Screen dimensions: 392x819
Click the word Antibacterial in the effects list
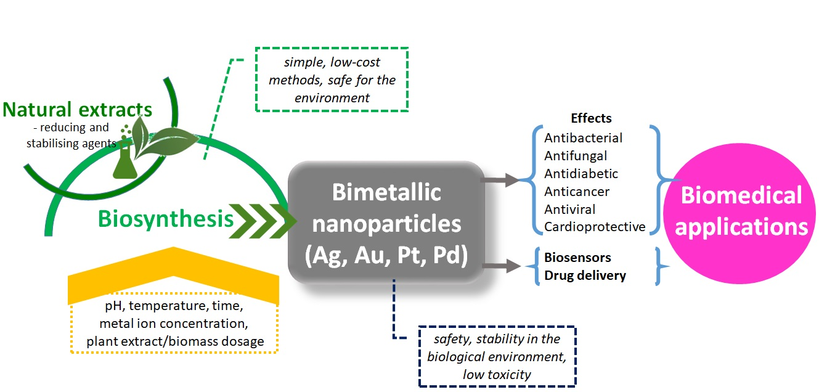click(x=583, y=138)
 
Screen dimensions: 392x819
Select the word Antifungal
click(x=576, y=156)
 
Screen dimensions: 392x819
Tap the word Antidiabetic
click(x=581, y=174)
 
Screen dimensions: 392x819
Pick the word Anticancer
click(x=577, y=192)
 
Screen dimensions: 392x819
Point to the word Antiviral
click(x=570, y=210)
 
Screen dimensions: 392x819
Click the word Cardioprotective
click(x=595, y=227)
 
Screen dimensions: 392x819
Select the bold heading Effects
click(x=591, y=118)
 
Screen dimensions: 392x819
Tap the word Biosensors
click(x=577, y=258)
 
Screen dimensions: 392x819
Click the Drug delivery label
click(x=585, y=276)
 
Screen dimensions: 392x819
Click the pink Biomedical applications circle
click(x=741, y=211)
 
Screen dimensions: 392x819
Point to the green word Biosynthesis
click(x=166, y=219)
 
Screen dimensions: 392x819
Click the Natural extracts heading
click(x=78, y=110)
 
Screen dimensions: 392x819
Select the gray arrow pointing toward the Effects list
click(x=500, y=181)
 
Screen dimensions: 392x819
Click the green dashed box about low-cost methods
click(x=332, y=80)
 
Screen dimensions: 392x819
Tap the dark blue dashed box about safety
click(x=497, y=356)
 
